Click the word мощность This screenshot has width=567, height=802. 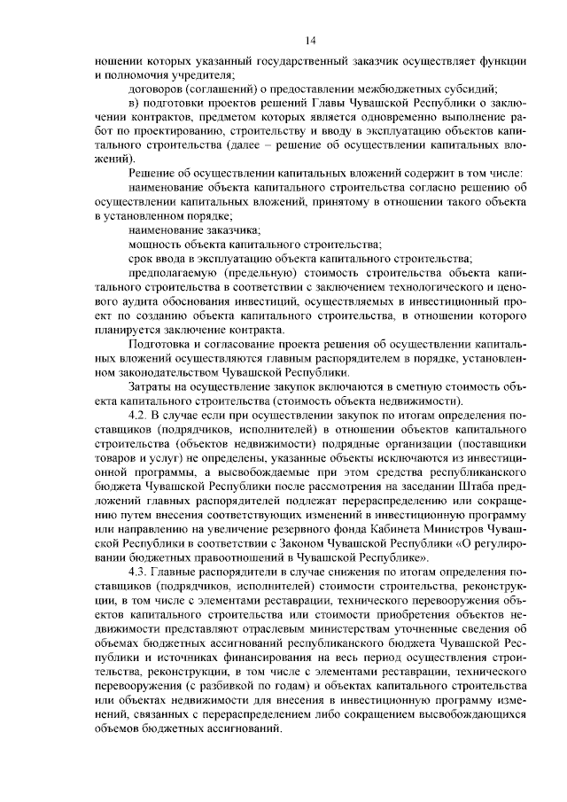pos(155,242)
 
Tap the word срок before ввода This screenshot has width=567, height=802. pos(143,258)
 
